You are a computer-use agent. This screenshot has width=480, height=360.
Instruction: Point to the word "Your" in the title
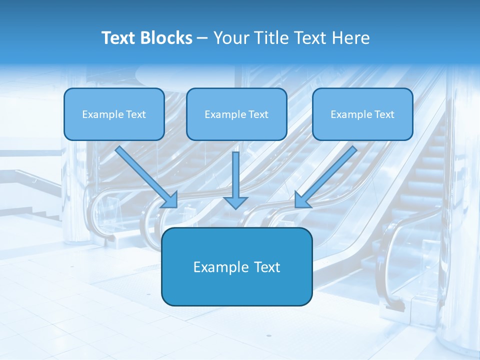(229, 38)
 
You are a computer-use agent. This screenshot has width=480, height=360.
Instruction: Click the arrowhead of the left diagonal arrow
(170, 200)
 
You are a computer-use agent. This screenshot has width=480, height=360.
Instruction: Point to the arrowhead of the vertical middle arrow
(235, 202)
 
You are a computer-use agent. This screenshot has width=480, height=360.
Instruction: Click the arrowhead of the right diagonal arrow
(302, 200)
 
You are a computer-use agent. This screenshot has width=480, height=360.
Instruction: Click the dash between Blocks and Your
(202, 38)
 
